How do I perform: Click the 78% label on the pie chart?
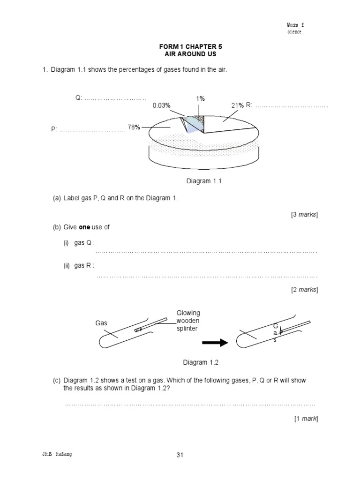point(134,127)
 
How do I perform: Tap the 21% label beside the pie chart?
point(237,105)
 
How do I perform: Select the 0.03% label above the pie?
point(161,105)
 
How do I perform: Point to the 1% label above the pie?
point(201,98)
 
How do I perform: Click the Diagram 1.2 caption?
point(201,362)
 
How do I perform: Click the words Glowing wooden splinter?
point(188,321)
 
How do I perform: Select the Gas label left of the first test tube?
point(102,323)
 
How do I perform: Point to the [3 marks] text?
point(304,215)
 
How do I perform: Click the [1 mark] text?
point(306,419)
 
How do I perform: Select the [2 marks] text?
point(304,290)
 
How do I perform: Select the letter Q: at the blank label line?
point(78,97)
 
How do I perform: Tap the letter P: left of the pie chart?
point(54,129)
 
